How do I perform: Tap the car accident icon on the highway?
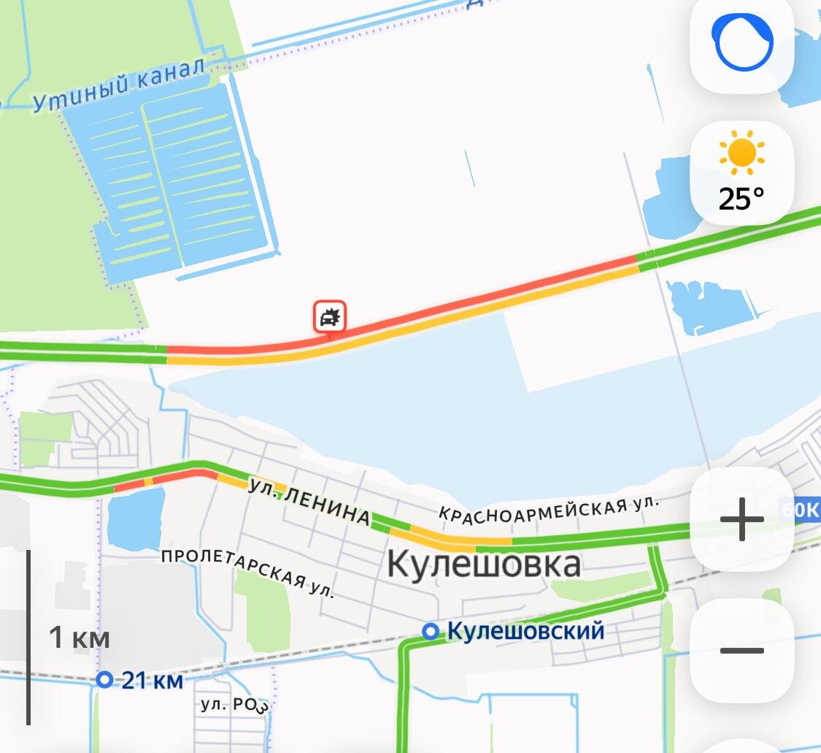pos(330,318)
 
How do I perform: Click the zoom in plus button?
pos(741,520)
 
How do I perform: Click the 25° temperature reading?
pos(741,198)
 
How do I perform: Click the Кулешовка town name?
pos(483,564)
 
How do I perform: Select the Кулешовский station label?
pos(525,630)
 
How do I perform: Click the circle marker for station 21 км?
pos(105,680)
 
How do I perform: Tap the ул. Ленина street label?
pos(308,501)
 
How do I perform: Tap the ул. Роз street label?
pos(234,705)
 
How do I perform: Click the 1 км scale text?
pos(79,638)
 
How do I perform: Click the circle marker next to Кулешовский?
pos(431,630)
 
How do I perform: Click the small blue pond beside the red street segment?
pos(136,517)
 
